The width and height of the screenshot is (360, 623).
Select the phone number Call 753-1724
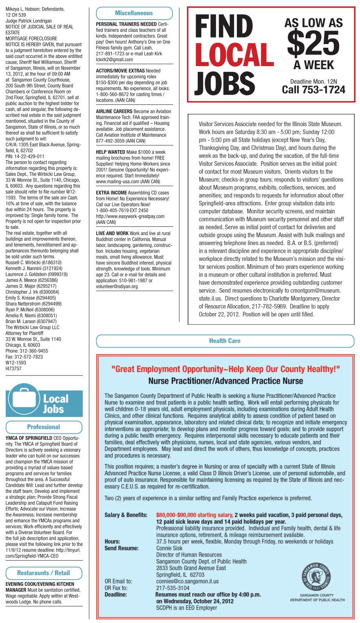[314, 89]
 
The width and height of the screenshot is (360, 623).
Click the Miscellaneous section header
[134, 13]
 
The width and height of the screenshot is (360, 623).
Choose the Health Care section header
[225, 341]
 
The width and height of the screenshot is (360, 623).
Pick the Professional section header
[44, 427]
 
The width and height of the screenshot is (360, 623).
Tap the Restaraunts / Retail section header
[44, 573]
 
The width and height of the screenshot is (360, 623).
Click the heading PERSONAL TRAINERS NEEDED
[126, 24]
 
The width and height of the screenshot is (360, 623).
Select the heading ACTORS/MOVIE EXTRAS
[120, 71]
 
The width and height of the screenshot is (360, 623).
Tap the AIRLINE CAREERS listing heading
[114, 111]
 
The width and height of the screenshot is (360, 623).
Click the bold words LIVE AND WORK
[112, 233]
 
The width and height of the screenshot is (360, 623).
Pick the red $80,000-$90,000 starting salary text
[194, 515]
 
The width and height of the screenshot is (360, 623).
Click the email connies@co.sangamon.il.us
[187, 581]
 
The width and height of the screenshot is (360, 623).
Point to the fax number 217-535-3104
[173, 588]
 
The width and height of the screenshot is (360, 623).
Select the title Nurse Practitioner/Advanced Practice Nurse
[225, 381]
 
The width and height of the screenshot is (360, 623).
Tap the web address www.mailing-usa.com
[117, 181]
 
